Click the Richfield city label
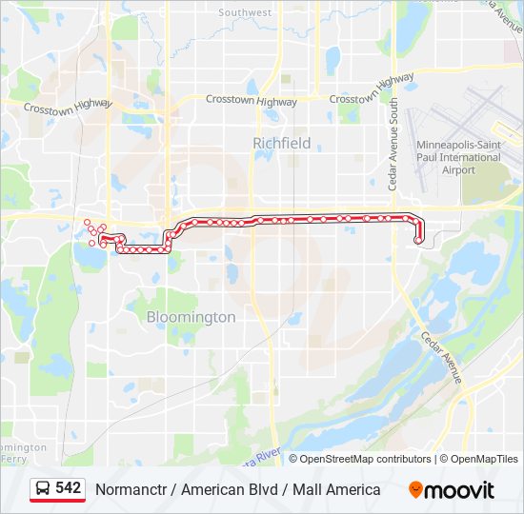(281, 143)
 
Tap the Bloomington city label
(191, 317)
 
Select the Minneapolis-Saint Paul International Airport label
(458, 157)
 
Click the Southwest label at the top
(245, 12)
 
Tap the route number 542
(68, 488)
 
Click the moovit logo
(452, 490)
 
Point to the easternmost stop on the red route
(419, 241)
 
